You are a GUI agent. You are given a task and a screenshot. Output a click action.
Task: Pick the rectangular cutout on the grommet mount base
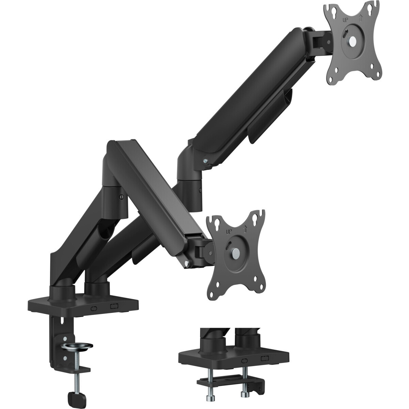(264, 359)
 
